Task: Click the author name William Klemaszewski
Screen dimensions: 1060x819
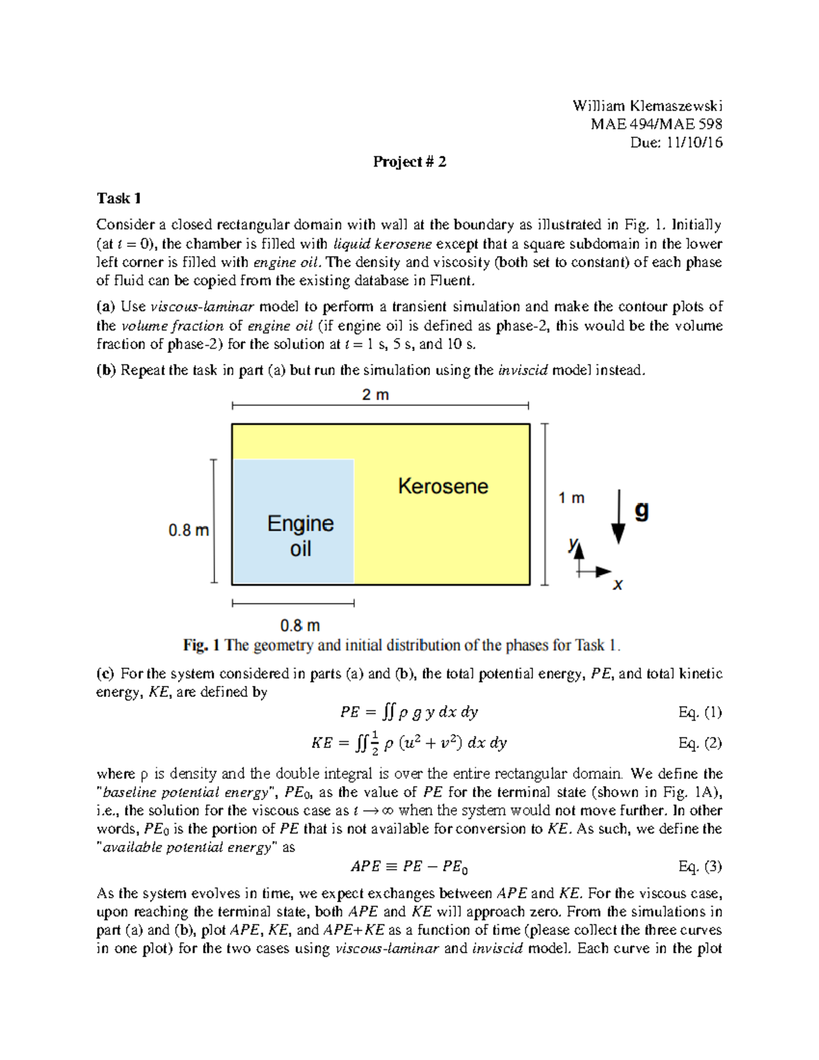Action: (x=647, y=106)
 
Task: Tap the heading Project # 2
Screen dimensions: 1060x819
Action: (x=409, y=162)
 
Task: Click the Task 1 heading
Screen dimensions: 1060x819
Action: (x=119, y=199)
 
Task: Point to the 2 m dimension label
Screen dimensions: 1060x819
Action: (x=375, y=395)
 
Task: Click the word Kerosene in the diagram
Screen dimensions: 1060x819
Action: (x=443, y=486)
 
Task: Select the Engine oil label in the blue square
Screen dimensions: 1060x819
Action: (x=300, y=536)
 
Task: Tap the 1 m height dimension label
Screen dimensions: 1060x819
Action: (x=571, y=498)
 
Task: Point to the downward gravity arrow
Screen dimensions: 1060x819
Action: (x=618, y=517)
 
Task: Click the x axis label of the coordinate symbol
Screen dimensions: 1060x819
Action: (x=618, y=585)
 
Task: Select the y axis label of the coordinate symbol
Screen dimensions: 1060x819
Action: (x=573, y=545)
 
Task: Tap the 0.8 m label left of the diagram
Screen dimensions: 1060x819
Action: (x=188, y=530)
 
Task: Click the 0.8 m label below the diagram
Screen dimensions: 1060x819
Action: (x=300, y=625)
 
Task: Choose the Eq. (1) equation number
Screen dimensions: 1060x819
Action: (x=700, y=713)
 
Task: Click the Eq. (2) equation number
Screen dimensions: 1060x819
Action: (x=700, y=743)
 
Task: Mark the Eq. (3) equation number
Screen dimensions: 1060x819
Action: (x=700, y=867)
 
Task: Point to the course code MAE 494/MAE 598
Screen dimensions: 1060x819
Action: (x=657, y=124)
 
